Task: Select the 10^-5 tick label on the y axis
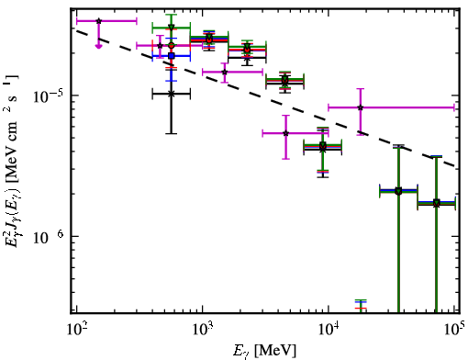tap(48, 96)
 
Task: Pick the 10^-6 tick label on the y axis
tap(48, 238)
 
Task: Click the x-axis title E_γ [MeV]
tap(264, 351)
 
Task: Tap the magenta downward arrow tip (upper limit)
tap(98, 47)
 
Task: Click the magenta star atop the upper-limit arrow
tap(98, 21)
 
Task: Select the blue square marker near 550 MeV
tap(172, 56)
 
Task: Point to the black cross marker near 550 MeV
tap(172, 94)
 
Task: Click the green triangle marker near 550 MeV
tap(172, 28)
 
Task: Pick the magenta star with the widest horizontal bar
tap(361, 107)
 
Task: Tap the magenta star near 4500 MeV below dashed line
tap(285, 133)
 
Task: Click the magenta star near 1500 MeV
tap(225, 72)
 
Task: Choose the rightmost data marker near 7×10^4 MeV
tap(436, 203)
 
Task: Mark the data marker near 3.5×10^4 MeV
tap(398, 191)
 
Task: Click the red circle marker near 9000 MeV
tap(322, 146)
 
